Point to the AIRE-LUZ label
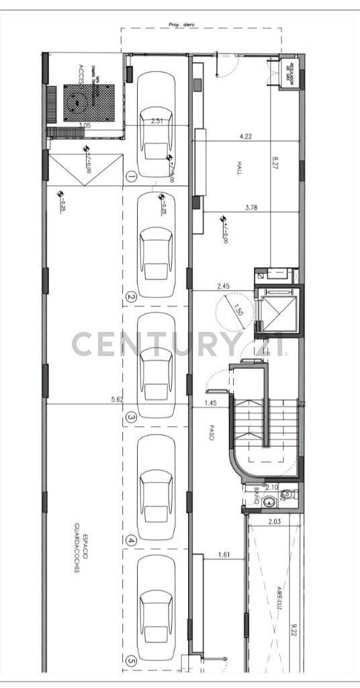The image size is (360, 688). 278,598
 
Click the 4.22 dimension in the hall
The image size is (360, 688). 246,137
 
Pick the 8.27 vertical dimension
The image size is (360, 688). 275,165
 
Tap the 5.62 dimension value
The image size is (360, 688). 117,399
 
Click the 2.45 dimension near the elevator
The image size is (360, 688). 223,287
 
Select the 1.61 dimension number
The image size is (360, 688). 224,554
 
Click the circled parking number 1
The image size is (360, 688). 132,177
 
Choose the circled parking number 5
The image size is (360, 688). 132,661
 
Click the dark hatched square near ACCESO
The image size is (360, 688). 89,101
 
